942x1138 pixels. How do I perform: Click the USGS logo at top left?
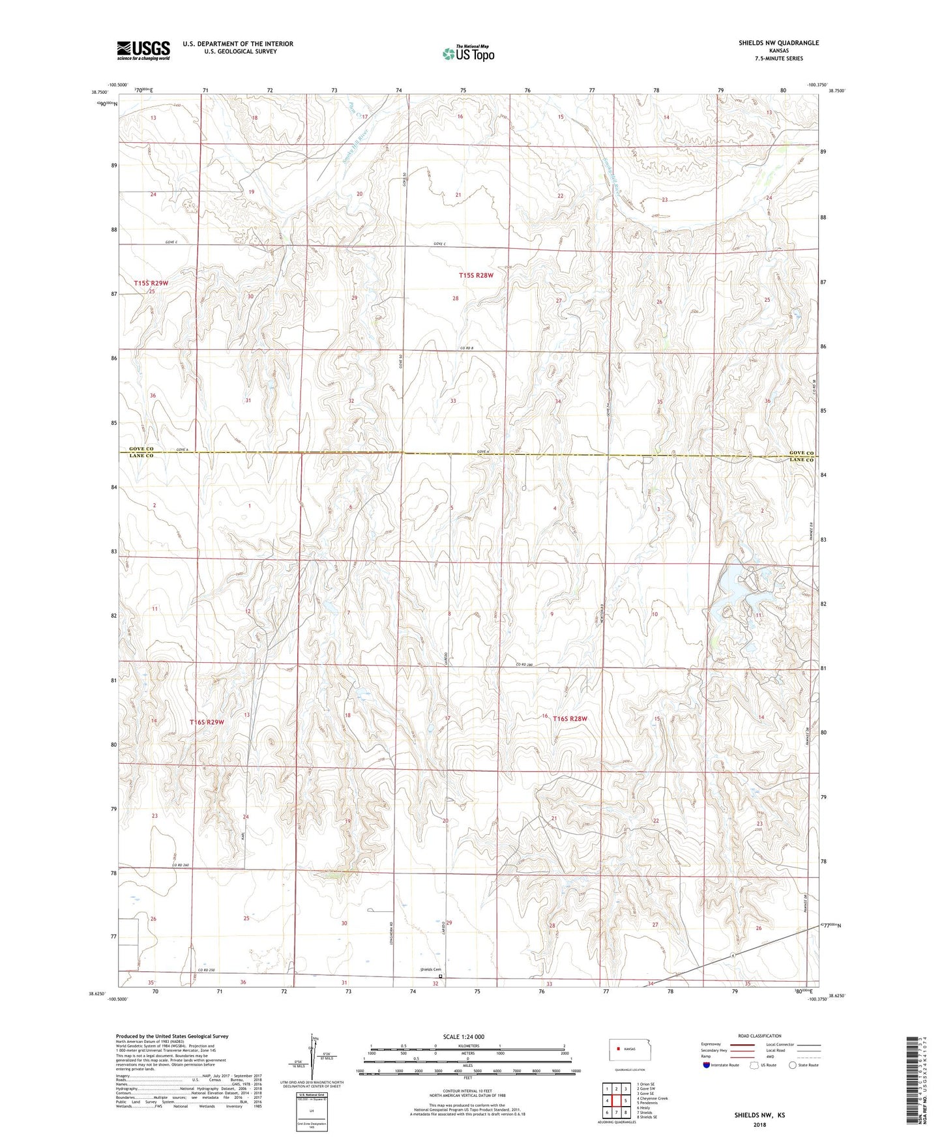[x=143, y=50]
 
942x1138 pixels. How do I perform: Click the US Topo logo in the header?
[x=468, y=53]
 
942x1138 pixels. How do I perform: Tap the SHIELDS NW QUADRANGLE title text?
[x=778, y=43]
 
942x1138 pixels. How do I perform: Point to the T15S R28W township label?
[x=476, y=276]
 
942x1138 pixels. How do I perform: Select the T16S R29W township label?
[x=207, y=722]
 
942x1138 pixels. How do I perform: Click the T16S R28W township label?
[x=570, y=719]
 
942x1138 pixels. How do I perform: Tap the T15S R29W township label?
[x=151, y=283]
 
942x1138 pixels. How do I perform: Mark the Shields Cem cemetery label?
[x=430, y=969]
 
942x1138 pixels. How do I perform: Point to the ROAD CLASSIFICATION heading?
[x=759, y=1036]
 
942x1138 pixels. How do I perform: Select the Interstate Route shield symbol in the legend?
[x=707, y=1065]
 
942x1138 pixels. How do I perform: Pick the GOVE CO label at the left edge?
[x=141, y=449]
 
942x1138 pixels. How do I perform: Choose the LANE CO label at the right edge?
[x=801, y=460]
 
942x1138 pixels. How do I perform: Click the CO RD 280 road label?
[x=525, y=664]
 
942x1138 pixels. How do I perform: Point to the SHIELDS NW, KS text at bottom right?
[x=759, y=1115]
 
